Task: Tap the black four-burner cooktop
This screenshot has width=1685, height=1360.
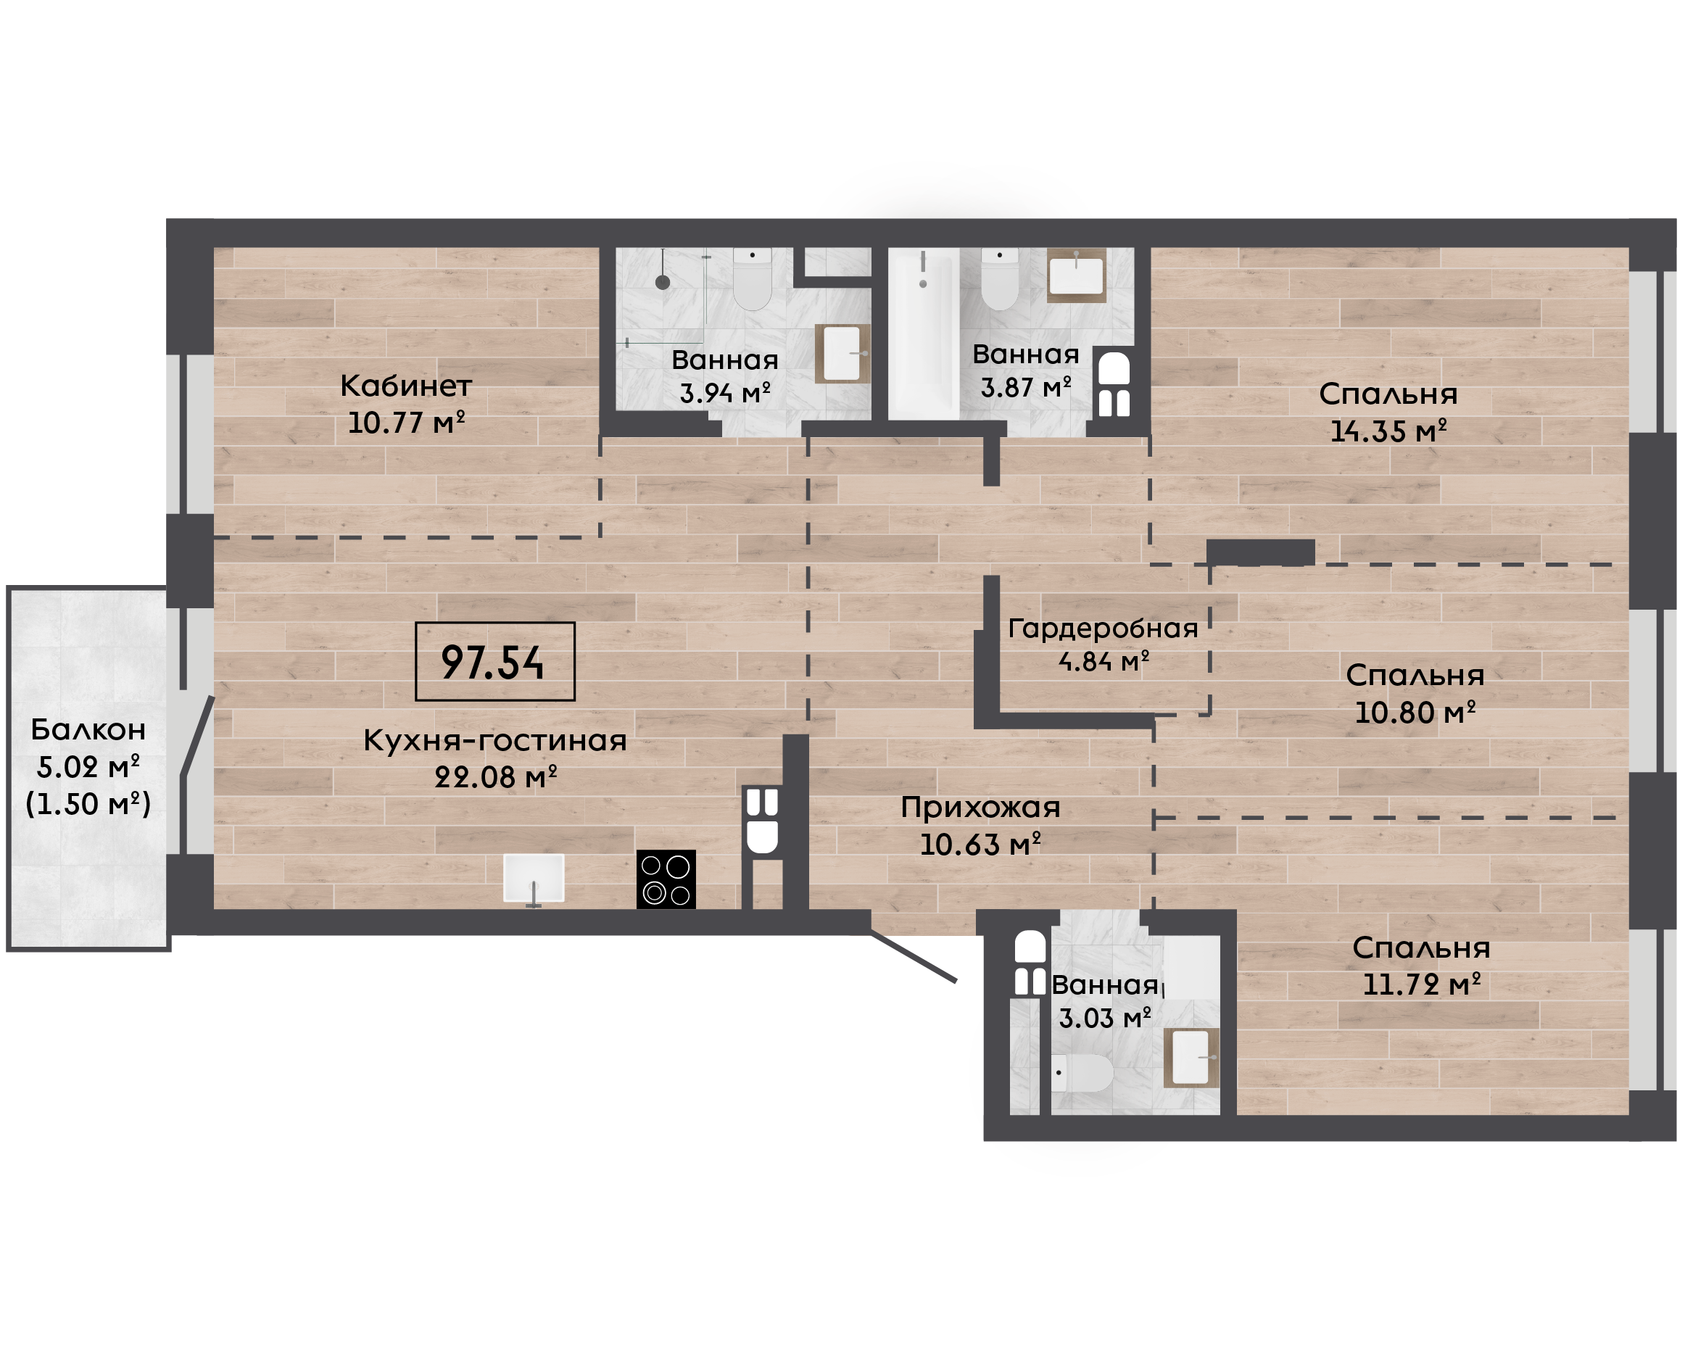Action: point(666,879)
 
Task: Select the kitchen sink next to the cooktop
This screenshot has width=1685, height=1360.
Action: point(534,878)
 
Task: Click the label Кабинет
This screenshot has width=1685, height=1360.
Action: point(406,386)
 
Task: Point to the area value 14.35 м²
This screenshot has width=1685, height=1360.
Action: point(1388,431)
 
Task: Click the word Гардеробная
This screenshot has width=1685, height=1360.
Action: point(1103,629)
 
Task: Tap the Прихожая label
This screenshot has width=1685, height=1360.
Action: point(980,807)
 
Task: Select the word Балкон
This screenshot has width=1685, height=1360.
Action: point(88,729)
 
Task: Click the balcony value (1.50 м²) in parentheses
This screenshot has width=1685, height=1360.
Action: point(88,804)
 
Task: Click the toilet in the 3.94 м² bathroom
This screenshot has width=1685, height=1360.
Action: point(752,279)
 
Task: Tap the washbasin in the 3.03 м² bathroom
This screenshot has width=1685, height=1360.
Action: point(1191,1058)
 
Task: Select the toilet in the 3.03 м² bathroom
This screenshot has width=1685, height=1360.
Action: point(1082,1072)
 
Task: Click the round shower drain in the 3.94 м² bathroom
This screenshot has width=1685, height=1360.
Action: point(663,283)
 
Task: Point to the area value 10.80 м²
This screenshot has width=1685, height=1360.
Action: point(1415,712)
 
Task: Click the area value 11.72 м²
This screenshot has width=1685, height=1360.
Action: point(1421,984)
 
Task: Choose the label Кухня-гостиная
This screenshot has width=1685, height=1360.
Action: point(495,740)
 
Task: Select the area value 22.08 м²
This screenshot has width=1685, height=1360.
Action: point(495,777)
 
